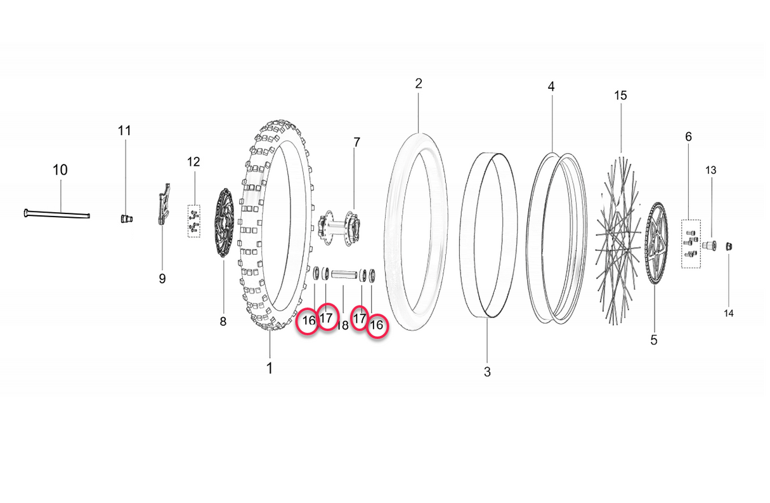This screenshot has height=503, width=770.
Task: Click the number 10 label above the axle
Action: (60, 170)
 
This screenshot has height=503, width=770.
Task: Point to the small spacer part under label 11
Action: (126, 218)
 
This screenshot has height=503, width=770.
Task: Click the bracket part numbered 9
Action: (163, 203)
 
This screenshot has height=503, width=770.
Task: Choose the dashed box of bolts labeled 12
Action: (194, 221)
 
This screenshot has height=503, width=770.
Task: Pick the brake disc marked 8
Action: (223, 223)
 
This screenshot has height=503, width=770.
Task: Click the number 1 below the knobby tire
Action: (270, 368)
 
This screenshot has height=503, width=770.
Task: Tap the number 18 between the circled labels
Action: (343, 325)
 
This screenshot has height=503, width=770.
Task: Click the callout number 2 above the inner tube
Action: (419, 83)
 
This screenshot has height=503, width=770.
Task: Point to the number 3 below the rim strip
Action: (487, 372)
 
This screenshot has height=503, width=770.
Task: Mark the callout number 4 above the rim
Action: (551, 86)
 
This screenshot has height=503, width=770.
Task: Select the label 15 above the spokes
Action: (620, 95)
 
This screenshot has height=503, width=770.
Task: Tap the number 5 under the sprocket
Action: (654, 340)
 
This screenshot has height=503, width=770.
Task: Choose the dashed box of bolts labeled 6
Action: (691, 244)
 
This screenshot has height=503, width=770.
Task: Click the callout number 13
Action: (711, 170)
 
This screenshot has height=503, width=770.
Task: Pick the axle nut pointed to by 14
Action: (729, 246)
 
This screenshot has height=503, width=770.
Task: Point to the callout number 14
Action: (729, 313)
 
